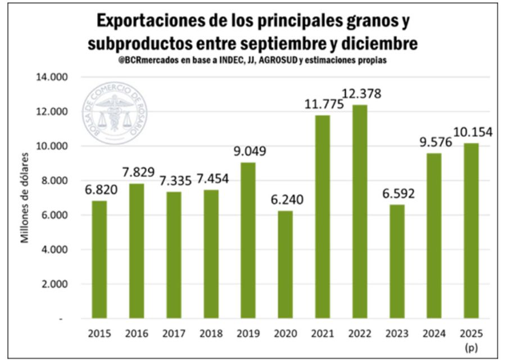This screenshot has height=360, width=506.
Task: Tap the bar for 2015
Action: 99,259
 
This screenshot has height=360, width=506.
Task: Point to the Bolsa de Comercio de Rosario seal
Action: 114,112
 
